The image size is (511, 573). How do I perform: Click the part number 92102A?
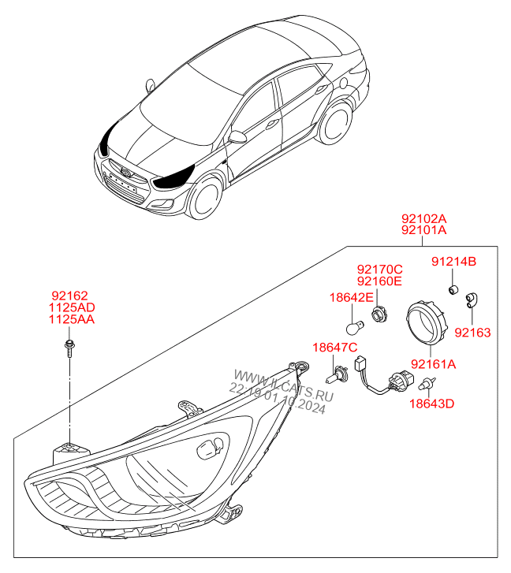tap(423, 218)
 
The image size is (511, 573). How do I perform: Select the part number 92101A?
tap(423, 230)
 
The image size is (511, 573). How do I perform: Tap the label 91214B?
tap(453, 262)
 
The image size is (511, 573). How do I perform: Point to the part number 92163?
tap(472, 333)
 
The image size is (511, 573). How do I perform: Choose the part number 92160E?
tap(379, 281)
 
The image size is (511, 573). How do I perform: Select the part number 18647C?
tap(335, 348)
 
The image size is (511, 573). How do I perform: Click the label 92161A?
tap(433, 364)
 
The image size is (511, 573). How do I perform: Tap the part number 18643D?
tap(431, 404)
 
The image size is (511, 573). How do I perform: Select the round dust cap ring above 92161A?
tap(425, 324)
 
